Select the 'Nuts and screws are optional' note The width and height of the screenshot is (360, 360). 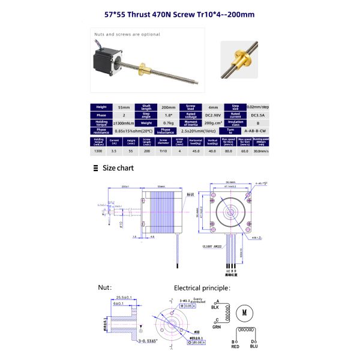pos(127,34)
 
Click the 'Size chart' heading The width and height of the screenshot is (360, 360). pos(118,168)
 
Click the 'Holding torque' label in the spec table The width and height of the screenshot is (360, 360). pos(101,122)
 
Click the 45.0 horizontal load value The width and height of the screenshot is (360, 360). pos(195,152)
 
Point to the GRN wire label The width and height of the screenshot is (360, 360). pos(216,328)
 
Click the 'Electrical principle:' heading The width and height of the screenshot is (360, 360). pos(202,287)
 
